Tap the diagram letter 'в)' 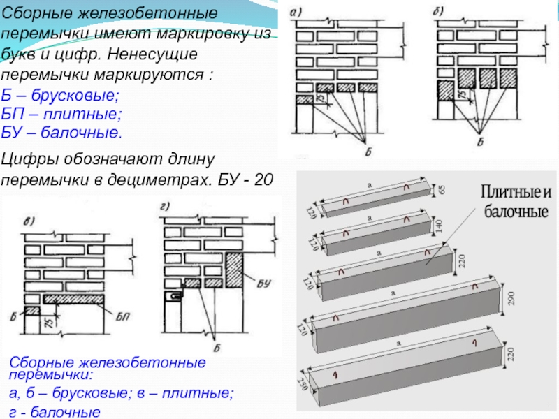pyautogui.click(x=30, y=223)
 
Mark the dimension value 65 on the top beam pyautogui.click(x=442, y=189)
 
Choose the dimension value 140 pyautogui.click(x=441, y=224)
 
